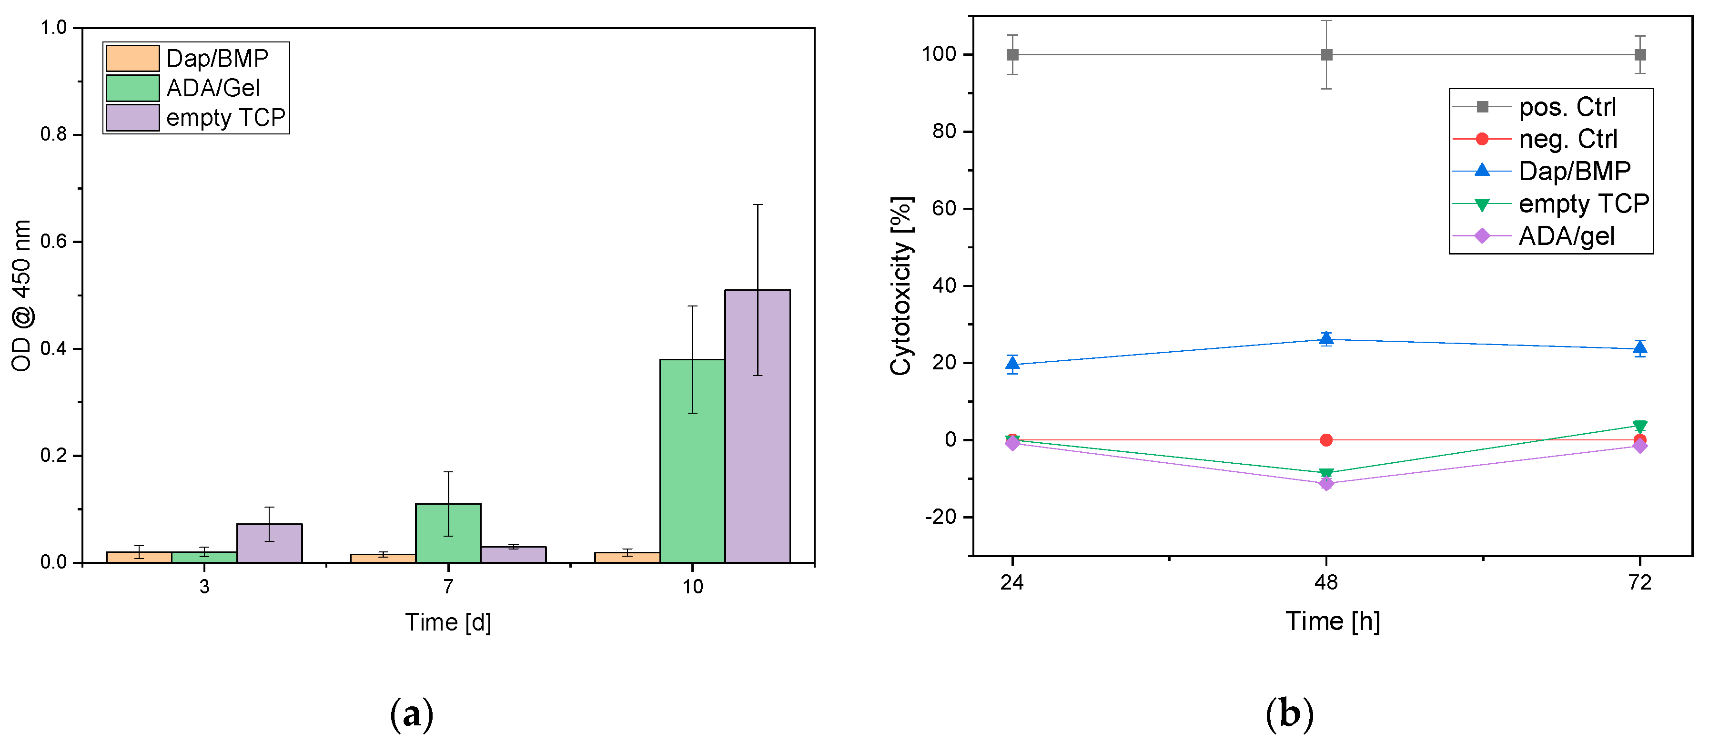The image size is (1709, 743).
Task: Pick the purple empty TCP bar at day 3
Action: click(269, 543)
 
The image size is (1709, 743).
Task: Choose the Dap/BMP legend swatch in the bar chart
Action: click(132, 58)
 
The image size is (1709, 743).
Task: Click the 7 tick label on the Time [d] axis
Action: click(448, 586)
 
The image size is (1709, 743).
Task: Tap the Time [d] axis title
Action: click(448, 622)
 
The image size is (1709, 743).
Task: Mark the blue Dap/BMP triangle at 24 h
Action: click(1012, 364)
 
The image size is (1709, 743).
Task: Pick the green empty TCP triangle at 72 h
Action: click(1640, 427)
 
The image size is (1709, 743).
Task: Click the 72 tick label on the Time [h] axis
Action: click(1640, 582)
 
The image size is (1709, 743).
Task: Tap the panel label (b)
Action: click(1289, 714)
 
